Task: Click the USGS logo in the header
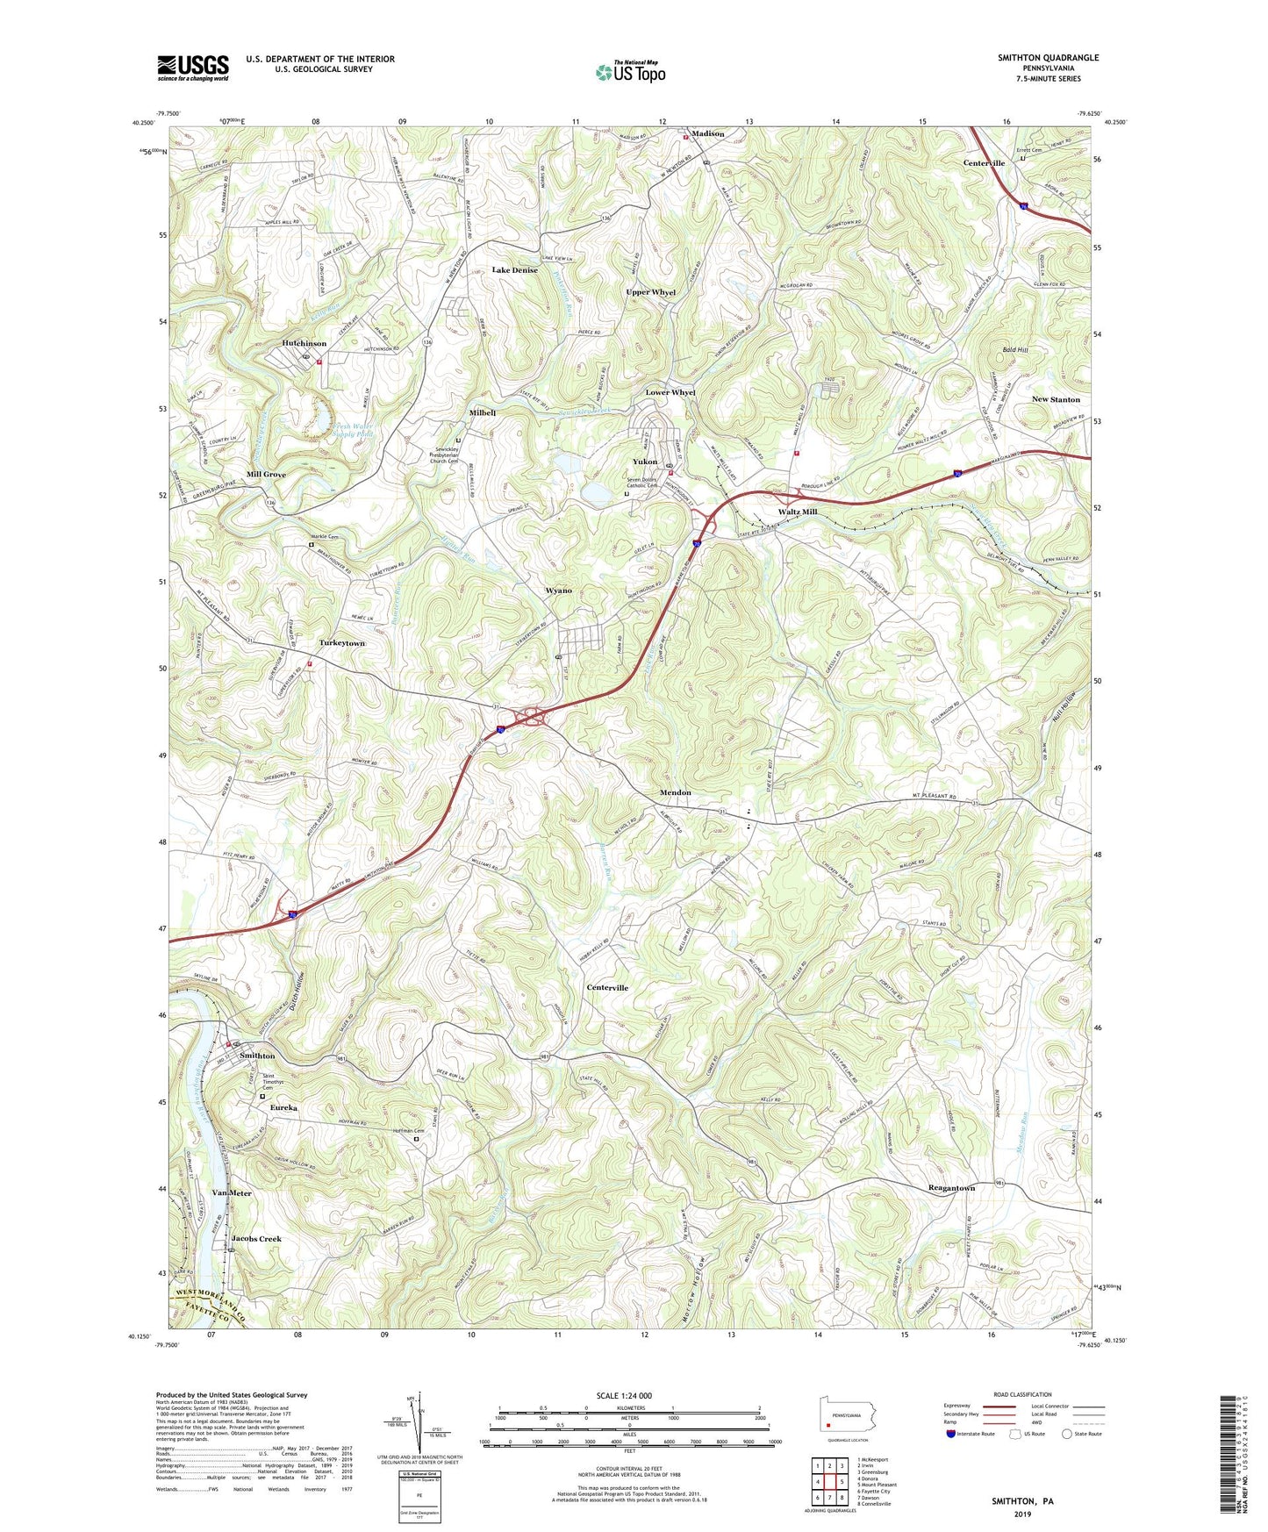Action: coord(193,68)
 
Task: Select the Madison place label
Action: coord(707,133)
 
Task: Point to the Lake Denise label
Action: coord(514,270)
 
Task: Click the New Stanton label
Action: coord(1056,399)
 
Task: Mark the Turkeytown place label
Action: coord(341,643)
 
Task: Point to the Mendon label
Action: coord(675,792)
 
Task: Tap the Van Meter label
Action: coord(232,1193)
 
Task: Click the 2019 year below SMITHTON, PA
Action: coord(1022,1514)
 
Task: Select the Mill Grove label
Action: coord(266,474)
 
